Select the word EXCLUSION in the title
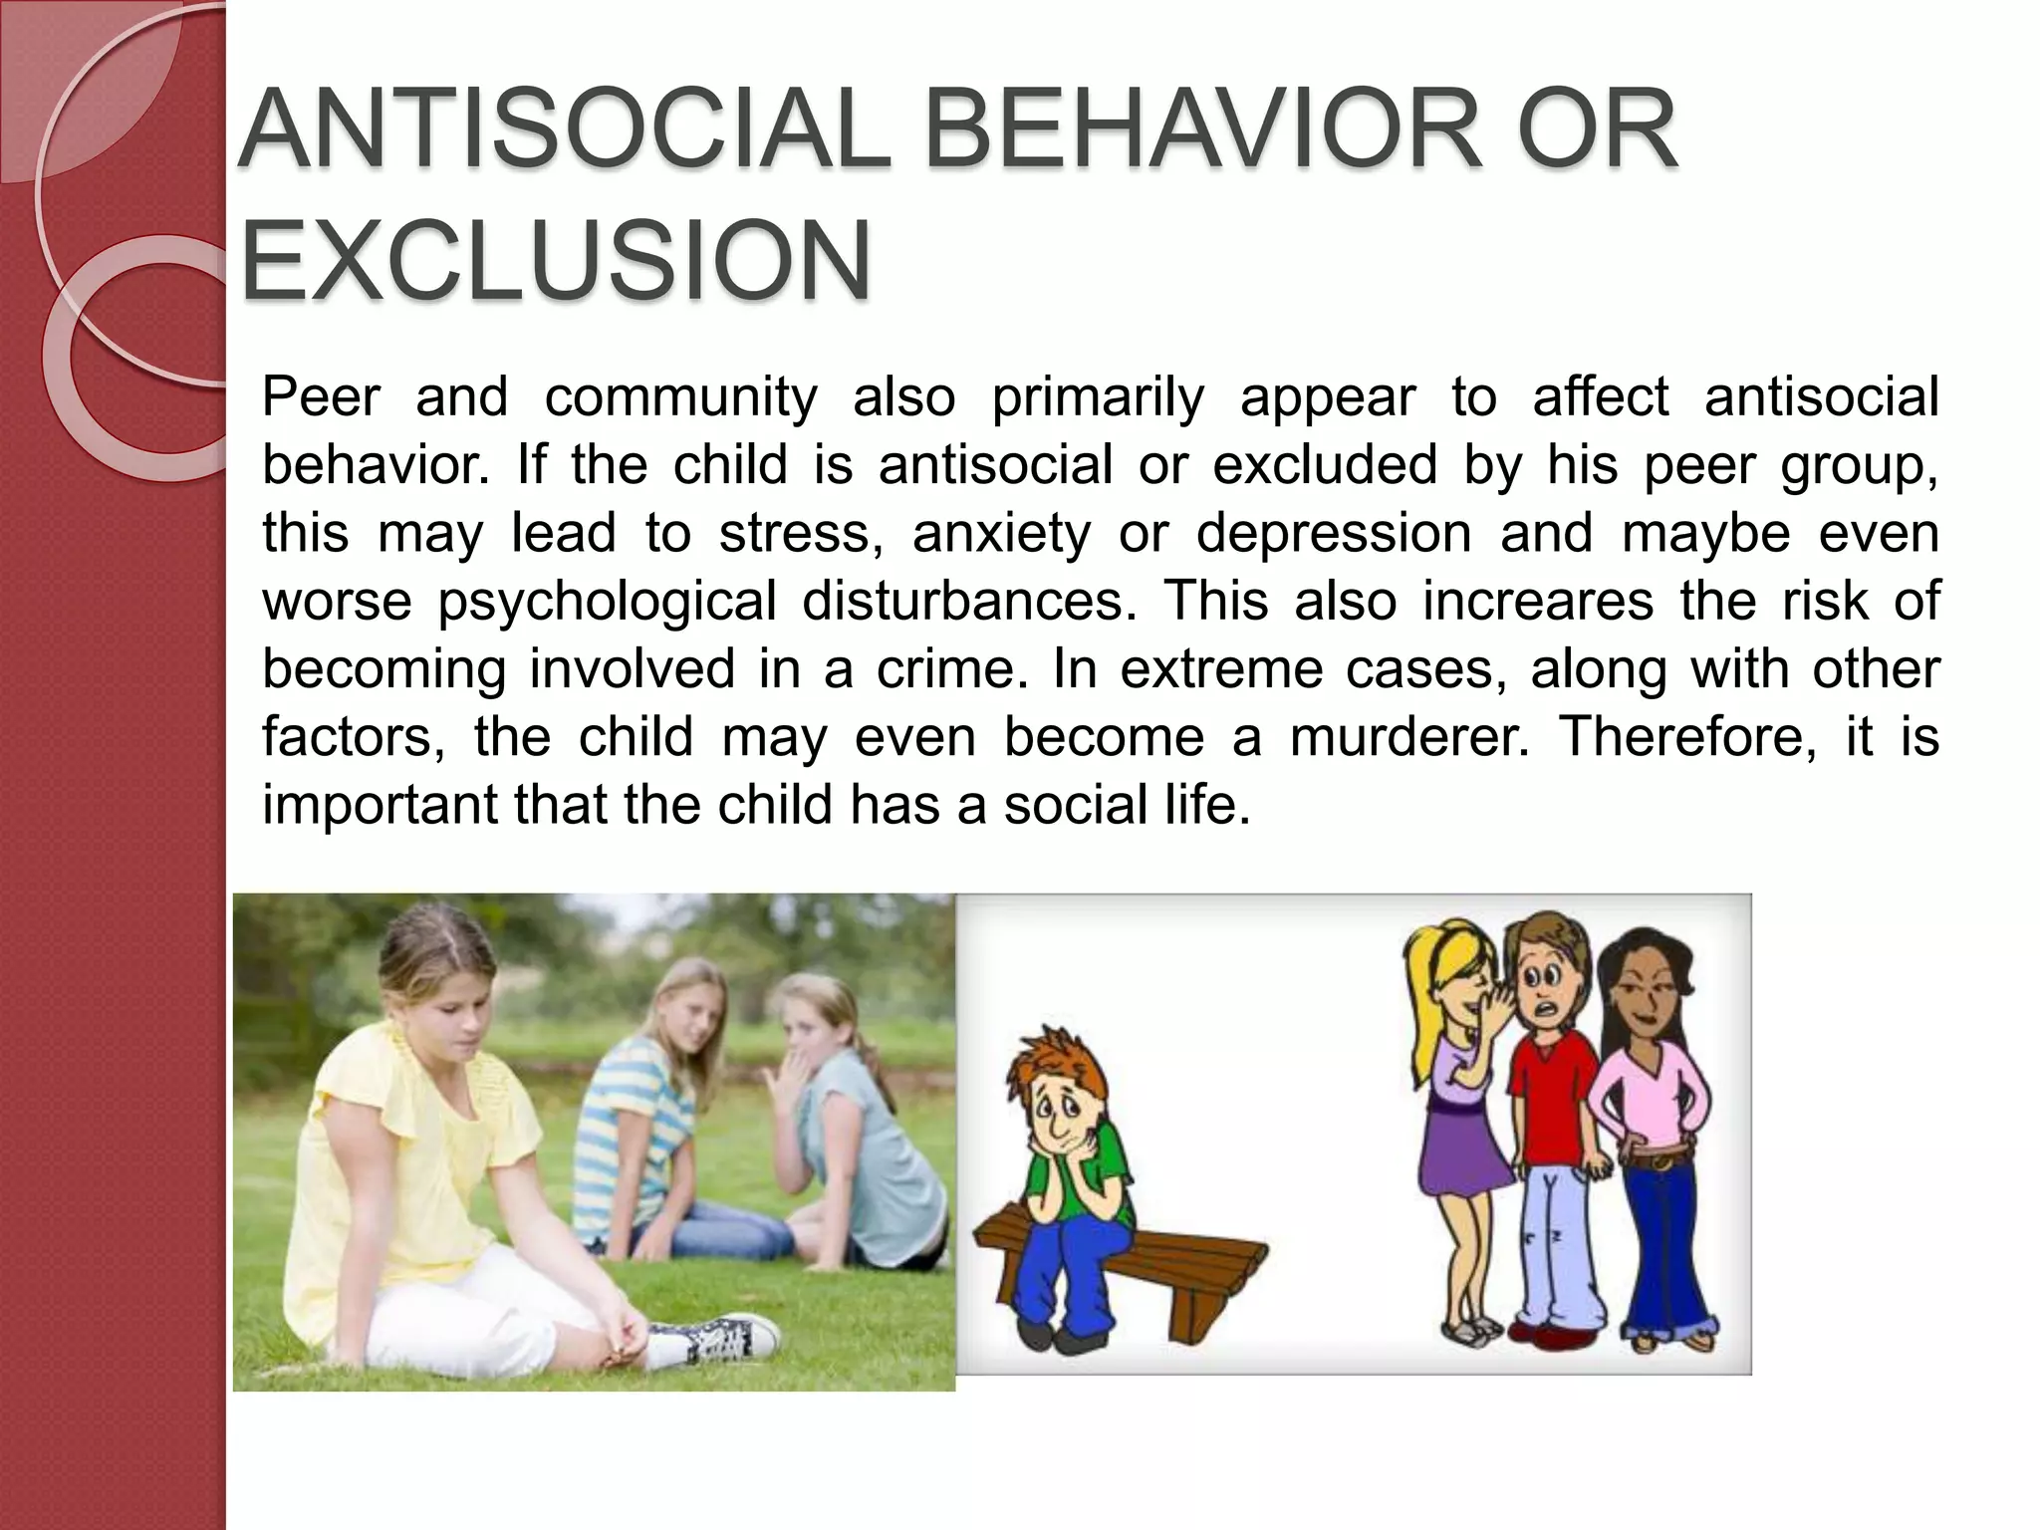pos(556,261)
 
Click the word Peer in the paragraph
pos(321,397)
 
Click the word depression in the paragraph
pos(1334,533)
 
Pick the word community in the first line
pos(681,397)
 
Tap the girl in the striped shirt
pos(652,1086)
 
